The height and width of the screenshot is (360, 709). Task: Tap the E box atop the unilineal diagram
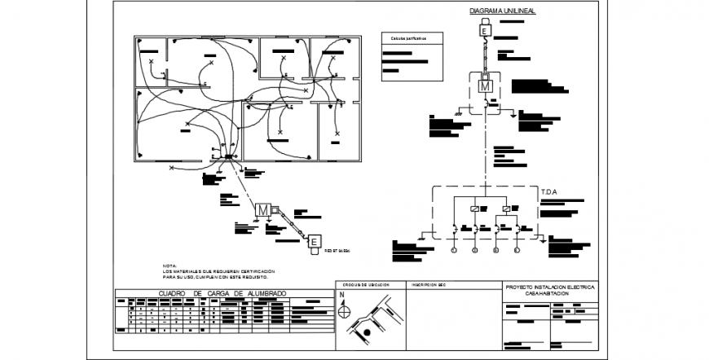pyautogui.click(x=484, y=31)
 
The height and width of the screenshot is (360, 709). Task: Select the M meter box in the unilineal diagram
pyautogui.click(x=486, y=86)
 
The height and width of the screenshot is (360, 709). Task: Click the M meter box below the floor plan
pyautogui.click(x=263, y=210)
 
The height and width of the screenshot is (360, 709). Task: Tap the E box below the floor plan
pyautogui.click(x=314, y=241)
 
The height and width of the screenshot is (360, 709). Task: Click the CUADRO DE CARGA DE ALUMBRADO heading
pyautogui.click(x=222, y=292)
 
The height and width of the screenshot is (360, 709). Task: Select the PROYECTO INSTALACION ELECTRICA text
pyautogui.click(x=551, y=288)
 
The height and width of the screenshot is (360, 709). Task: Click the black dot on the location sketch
pyautogui.click(x=367, y=333)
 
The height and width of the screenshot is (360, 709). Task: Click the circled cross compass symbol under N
pyautogui.click(x=343, y=310)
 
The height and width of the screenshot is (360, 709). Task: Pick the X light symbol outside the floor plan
pyautogui.click(x=171, y=167)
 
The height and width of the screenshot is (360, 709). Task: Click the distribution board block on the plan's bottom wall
pyautogui.click(x=229, y=157)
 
